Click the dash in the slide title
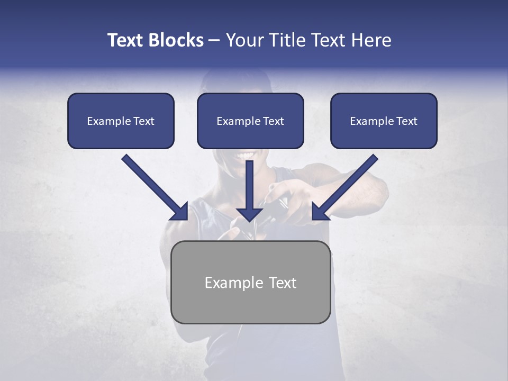coord(214,41)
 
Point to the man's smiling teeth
coord(246,156)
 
